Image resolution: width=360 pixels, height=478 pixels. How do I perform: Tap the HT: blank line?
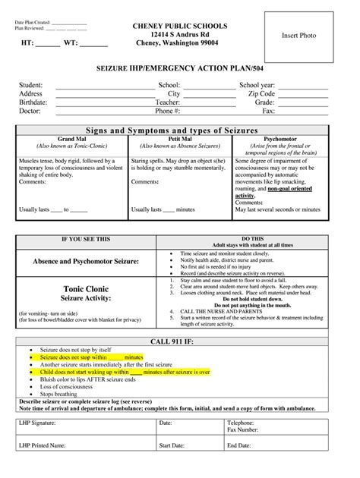[48, 44]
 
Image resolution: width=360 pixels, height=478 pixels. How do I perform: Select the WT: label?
[72, 44]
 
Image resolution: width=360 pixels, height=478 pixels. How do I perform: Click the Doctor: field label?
[30, 111]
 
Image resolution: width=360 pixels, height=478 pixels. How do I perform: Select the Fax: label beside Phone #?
[268, 111]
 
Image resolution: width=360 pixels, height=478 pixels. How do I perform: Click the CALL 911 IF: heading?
[179, 342]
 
